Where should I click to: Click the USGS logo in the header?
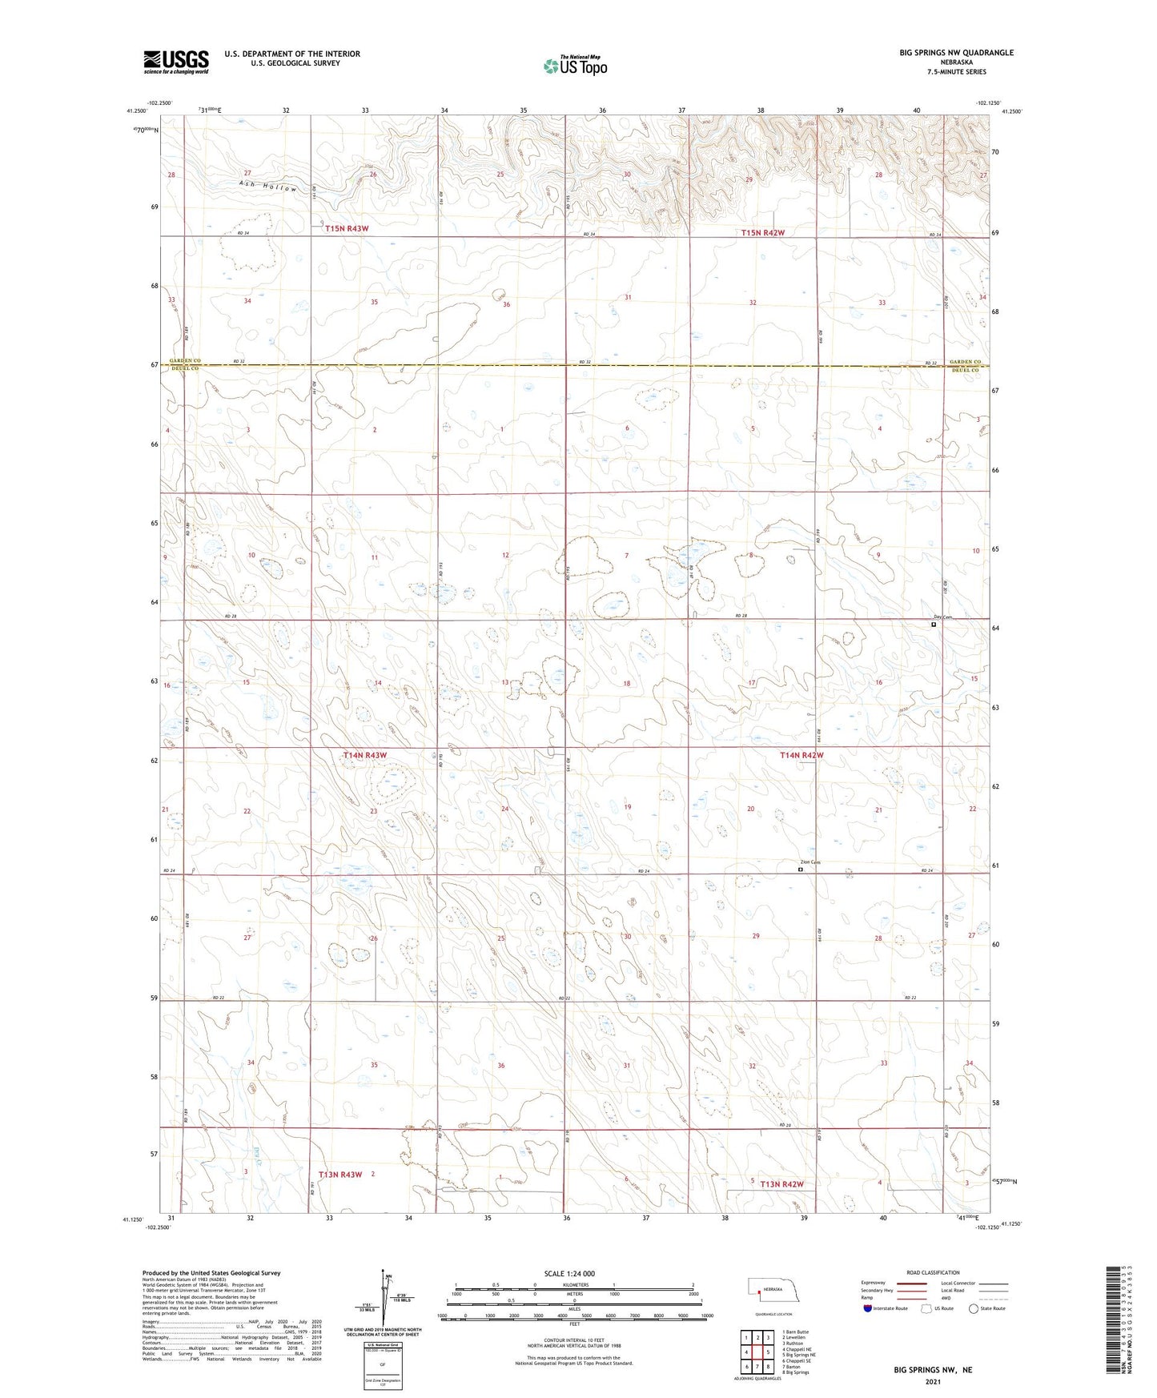tap(176, 61)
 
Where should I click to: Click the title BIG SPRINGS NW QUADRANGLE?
tap(956, 53)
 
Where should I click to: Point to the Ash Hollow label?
tap(267, 186)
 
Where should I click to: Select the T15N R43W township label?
tap(347, 228)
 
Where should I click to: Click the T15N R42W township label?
tap(762, 232)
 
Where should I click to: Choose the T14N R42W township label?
tap(801, 755)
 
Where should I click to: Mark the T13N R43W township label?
tap(340, 1175)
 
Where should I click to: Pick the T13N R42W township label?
tap(781, 1183)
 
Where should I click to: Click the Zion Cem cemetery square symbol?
tap(801, 869)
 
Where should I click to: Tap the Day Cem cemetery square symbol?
tap(934, 625)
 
